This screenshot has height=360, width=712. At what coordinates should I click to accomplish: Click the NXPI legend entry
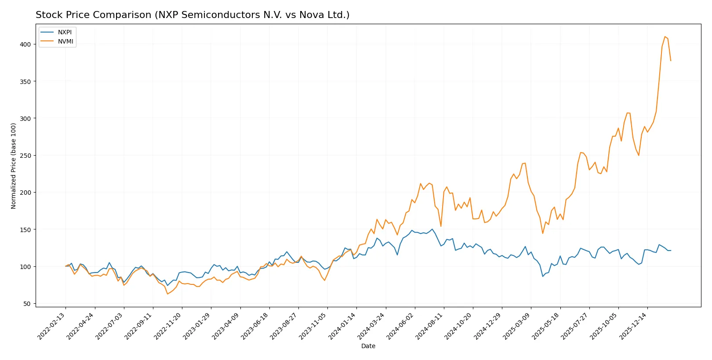click(65, 33)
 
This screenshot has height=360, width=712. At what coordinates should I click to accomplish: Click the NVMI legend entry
click(65, 42)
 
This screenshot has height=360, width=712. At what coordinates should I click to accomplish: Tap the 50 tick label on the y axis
click(27, 304)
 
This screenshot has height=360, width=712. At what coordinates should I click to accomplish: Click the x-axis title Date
click(368, 346)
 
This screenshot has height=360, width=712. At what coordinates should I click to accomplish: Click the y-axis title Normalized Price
click(14, 166)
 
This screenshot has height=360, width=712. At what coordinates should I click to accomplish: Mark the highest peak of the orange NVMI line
click(665, 36)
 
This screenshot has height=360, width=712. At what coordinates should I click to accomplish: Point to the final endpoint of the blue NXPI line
click(671, 251)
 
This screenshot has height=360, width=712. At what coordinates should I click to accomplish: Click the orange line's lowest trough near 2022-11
click(167, 294)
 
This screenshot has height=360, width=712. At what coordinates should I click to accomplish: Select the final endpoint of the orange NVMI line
click(671, 61)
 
